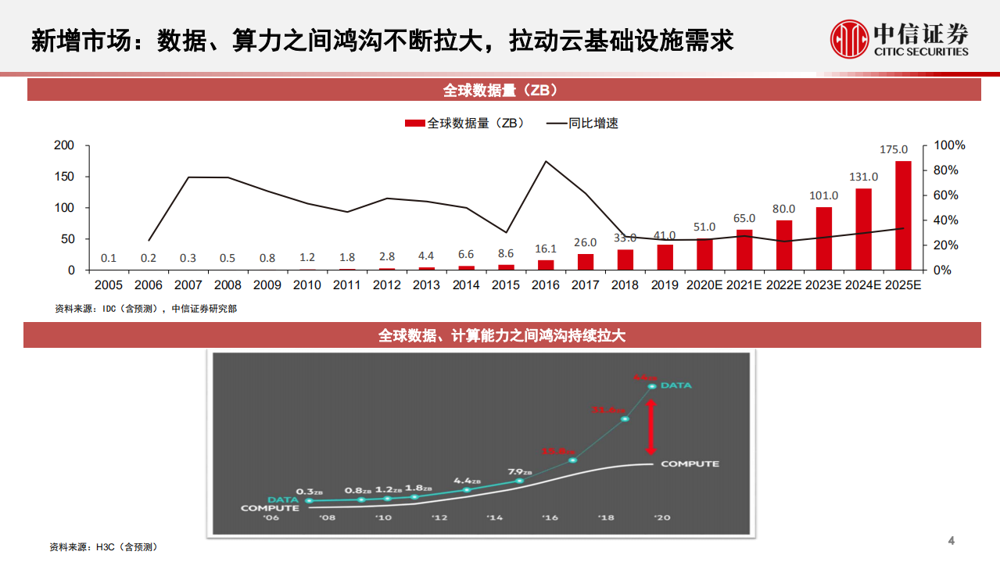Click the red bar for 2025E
[x=903, y=215]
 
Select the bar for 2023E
[x=823, y=238]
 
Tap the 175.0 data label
[x=894, y=149]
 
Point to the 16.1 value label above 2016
[x=545, y=249]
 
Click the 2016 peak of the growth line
[x=545, y=162]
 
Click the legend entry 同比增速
[x=582, y=123]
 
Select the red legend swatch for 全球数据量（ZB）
[x=414, y=123]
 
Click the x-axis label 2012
[x=386, y=285]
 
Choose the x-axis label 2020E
[x=704, y=285]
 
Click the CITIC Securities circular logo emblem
[x=849, y=40]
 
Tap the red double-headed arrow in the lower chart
[x=650, y=427]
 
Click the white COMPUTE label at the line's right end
[x=690, y=464]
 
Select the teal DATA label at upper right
[x=676, y=385]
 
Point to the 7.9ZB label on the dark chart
[x=520, y=472]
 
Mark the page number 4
[x=951, y=541]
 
